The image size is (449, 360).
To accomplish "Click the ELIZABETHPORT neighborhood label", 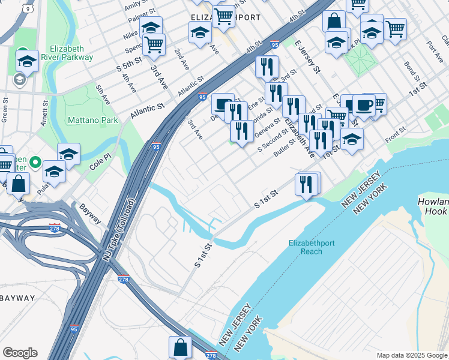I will point(225,17).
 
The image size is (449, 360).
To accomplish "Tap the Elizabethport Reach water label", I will point(313,248).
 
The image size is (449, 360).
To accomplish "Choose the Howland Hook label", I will point(433,207).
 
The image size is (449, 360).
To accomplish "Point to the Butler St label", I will point(286,151).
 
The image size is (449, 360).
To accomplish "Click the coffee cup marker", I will point(364,105).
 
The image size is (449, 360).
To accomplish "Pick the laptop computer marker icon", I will point(223,104).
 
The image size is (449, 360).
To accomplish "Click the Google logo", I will point(20,353).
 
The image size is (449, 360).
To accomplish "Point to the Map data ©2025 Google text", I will point(411,355).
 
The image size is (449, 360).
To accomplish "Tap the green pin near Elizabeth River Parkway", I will point(23,52).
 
